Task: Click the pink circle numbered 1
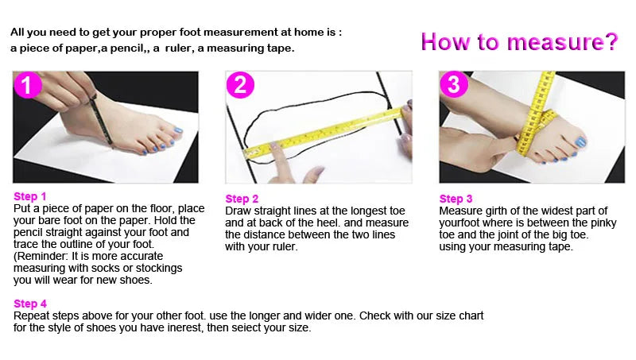(x=28, y=85)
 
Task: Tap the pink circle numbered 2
(x=240, y=85)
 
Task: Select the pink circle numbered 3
(x=454, y=84)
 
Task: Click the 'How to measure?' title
(x=520, y=42)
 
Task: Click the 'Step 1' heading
(x=30, y=196)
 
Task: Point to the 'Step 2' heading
(x=242, y=199)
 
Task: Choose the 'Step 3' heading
(x=456, y=199)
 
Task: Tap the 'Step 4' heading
(x=30, y=304)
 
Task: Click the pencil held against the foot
(x=101, y=119)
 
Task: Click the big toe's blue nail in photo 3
(x=581, y=142)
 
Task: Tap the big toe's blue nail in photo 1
(x=177, y=130)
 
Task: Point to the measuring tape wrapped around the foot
(x=536, y=118)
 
